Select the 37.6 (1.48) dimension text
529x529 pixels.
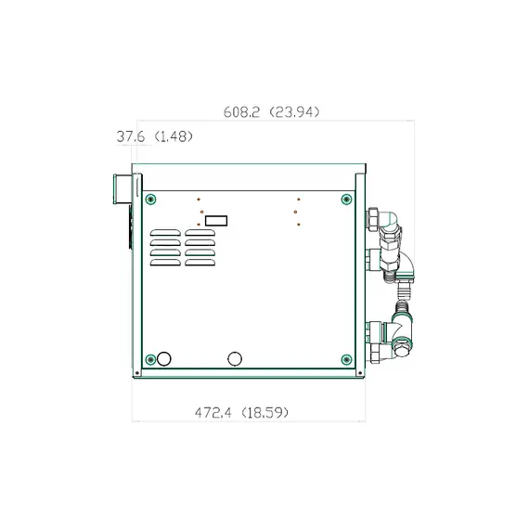154,136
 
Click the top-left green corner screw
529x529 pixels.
150,200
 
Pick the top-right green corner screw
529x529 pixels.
346,200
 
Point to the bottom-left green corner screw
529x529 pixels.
150,359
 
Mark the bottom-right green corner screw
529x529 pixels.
346,359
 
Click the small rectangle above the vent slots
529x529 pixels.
216,221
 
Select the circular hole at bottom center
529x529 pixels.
235,359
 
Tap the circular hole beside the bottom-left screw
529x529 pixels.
165,359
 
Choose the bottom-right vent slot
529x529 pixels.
200,263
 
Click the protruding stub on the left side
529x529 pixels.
119,189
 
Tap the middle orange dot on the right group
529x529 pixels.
298,212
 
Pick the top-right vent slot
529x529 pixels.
200,233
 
